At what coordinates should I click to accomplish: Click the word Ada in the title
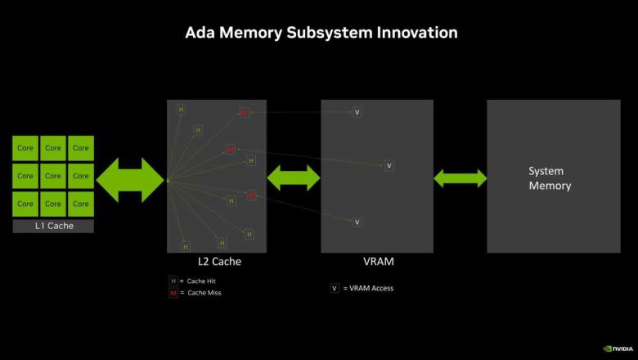tap(200, 33)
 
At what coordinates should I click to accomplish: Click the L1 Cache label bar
tap(53, 226)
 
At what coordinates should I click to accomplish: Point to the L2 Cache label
tap(219, 263)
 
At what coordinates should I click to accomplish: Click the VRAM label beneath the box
tap(379, 263)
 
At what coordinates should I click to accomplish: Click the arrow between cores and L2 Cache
tap(131, 178)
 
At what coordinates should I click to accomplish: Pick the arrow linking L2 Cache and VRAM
tap(294, 178)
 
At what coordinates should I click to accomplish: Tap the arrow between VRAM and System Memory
tap(460, 178)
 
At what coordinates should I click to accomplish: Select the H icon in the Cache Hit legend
tap(173, 281)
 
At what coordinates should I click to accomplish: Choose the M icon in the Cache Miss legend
tap(173, 293)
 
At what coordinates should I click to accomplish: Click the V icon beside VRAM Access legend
tap(335, 288)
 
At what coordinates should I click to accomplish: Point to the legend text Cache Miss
tap(204, 293)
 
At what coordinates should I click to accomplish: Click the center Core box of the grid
tap(53, 176)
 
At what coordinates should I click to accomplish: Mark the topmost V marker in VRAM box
tap(357, 112)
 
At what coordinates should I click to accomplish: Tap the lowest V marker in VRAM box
tap(357, 222)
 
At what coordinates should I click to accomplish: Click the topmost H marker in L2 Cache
tap(182, 110)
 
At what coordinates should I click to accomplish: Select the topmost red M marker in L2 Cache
tap(244, 112)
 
